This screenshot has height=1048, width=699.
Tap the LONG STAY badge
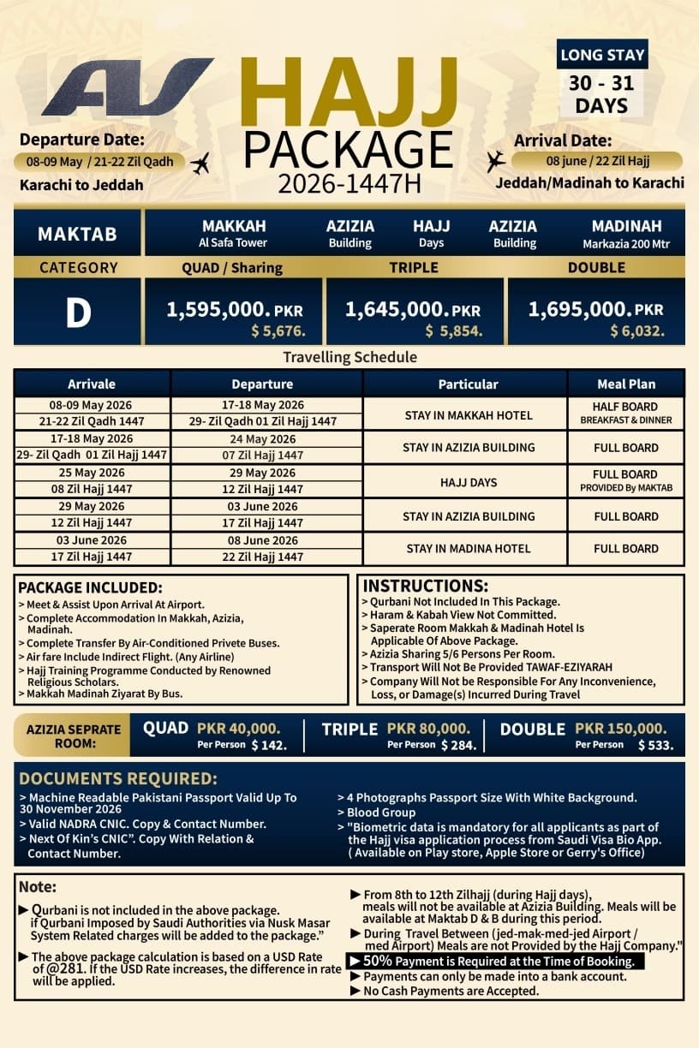(601, 56)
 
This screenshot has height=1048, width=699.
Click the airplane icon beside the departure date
(200, 163)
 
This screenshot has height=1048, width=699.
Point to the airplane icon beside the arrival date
(495, 160)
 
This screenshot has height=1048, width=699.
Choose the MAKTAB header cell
(77, 234)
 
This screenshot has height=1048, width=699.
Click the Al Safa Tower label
(234, 243)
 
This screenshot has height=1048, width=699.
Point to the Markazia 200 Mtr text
(626, 243)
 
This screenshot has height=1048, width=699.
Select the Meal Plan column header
(626, 384)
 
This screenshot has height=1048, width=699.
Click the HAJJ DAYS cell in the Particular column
(469, 482)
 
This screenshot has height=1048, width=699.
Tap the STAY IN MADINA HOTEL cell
(469, 549)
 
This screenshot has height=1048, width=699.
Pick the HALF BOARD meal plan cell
(625, 407)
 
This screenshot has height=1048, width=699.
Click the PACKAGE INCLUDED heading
(90, 588)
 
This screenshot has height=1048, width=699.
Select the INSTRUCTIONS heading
(426, 587)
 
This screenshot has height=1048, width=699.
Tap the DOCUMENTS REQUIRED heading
(118, 779)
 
